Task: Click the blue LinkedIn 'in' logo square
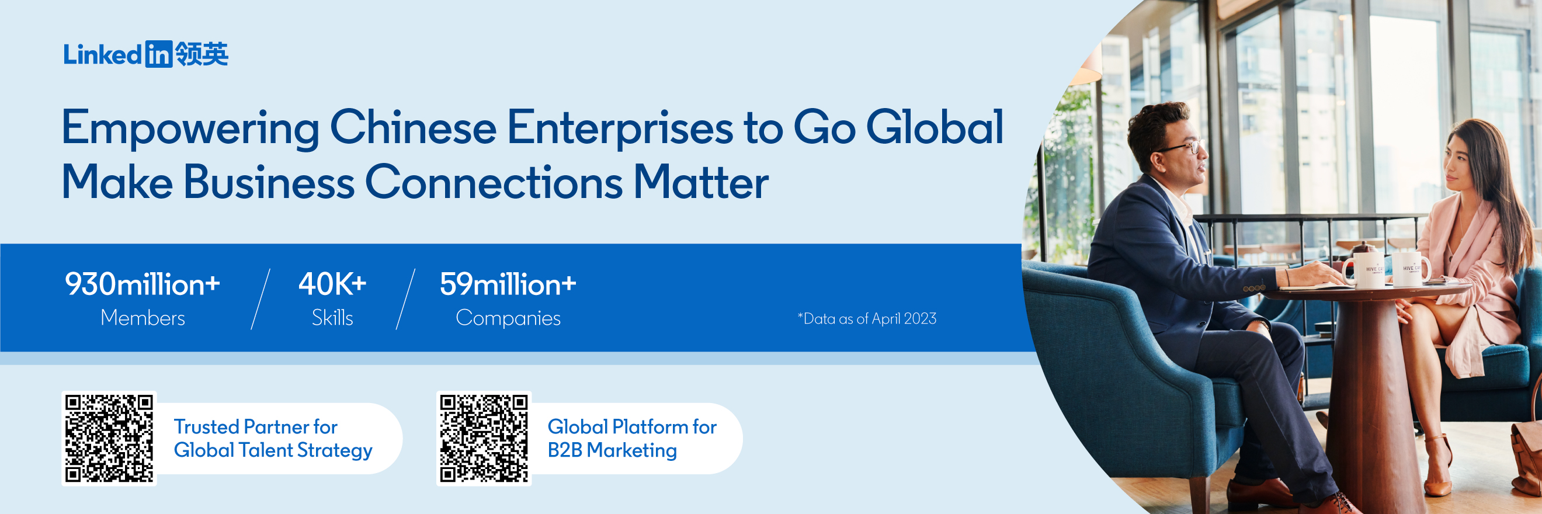(x=159, y=54)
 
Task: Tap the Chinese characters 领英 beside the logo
(x=202, y=54)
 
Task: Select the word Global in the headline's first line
(x=935, y=127)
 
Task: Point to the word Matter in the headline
(x=701, y=182)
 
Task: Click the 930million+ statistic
(x=143, y=284)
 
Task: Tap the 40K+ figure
(x=332, y=284)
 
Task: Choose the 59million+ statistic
(x=508, y=284)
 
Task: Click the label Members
(x=143, y=318)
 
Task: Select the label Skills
(x=332, y=318)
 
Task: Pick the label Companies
(x=508, y=318)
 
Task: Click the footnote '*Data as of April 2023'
(x=867, y=318)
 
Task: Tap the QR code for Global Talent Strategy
(x=109, y=438)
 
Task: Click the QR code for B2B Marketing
(x=484, y=438)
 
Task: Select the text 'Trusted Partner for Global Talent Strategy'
(x=273, y=439)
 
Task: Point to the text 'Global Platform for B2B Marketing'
(x=632, y=439)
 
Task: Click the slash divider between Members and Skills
(x=261, y=299)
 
